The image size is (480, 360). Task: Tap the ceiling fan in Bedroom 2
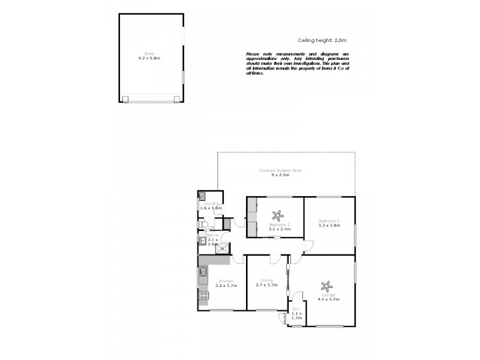pos(277,214)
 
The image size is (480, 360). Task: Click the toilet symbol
pos(205,223)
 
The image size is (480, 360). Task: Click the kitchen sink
pos(203,273)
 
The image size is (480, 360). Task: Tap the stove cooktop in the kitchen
pos(203,295)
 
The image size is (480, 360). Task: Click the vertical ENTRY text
pos(283,319)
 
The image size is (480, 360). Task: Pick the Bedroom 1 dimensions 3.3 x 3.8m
pos(329,226)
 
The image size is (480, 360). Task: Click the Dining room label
pos(267,281)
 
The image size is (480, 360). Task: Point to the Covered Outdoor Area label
pos(280,170)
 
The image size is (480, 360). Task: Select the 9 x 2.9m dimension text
pos(280,175)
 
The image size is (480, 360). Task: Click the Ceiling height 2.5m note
pos(322,40)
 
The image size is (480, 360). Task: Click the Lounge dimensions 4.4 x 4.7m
pos(329,299)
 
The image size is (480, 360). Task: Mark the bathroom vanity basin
pos(202,241)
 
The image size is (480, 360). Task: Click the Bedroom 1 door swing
pos(308,245)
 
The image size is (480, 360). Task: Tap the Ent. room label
pos(295,309)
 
